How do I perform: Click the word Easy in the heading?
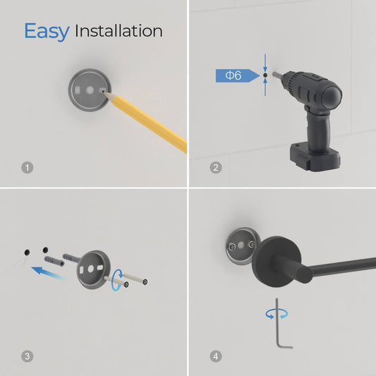point(46,31)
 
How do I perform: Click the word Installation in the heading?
point(119,31)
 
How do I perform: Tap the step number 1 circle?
point(28,168)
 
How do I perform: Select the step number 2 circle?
point(216,168)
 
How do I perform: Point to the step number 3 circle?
point(28,356)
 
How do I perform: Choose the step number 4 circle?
point(216,356)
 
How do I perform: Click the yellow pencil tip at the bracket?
point(106,91)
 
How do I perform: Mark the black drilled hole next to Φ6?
point(265,75)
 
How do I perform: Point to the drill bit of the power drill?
point(275,75)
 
